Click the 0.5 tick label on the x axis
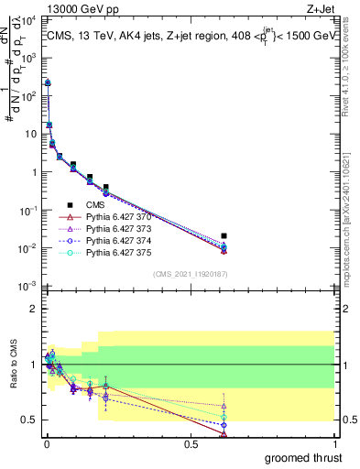coord(190,443)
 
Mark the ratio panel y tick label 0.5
coord(28,420)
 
